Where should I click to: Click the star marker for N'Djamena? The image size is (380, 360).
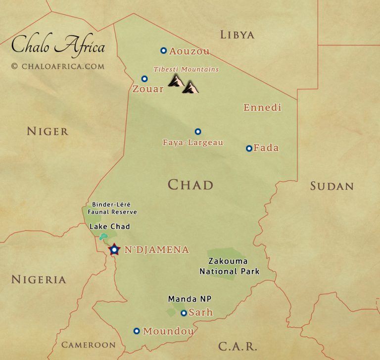coord(114,250)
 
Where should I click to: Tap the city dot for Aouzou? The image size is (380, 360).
coord(163,51)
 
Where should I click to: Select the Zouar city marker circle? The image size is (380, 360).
coord(144,79)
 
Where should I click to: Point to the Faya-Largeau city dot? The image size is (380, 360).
coord(198,132)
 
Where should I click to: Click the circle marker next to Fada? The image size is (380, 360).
coord(249,148)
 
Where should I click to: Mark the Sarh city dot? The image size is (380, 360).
coord(184,313)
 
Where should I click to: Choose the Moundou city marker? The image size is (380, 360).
coord(137,331)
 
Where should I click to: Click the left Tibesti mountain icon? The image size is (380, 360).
coord(176,81)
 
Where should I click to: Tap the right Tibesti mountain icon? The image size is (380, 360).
coord(190,88)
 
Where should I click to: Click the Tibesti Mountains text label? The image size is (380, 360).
coord(186,69)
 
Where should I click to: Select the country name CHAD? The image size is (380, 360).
coord(190,185)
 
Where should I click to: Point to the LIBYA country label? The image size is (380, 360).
coord(237,35)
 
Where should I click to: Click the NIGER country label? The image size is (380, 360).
coord(47,131)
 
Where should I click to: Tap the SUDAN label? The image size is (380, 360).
coord(332,186)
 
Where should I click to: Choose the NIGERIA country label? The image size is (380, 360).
coord(39,280)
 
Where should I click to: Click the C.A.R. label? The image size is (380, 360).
coord(237,346)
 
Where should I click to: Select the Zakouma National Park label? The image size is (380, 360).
coord(229,266)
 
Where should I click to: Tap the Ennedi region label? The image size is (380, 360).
coord(262,107)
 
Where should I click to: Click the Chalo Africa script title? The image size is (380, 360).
coord(58,47)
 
